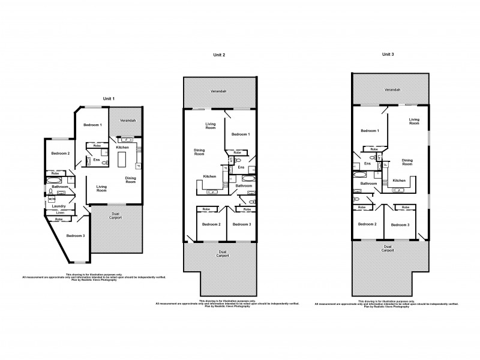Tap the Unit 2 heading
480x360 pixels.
220,55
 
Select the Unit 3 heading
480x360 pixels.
388,54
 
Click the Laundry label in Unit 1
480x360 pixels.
58,206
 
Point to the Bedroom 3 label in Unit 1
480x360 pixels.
75,235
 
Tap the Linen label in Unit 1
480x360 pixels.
61,213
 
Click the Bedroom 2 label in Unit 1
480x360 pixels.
61,154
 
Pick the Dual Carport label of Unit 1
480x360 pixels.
116,215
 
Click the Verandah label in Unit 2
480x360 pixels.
218,92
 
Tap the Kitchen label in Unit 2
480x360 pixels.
209,176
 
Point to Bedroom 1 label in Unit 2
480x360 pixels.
241,134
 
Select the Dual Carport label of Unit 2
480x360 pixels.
222,253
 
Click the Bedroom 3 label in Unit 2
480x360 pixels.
242,224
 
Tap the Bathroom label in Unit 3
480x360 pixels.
368,184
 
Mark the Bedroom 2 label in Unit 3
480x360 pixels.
367,224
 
